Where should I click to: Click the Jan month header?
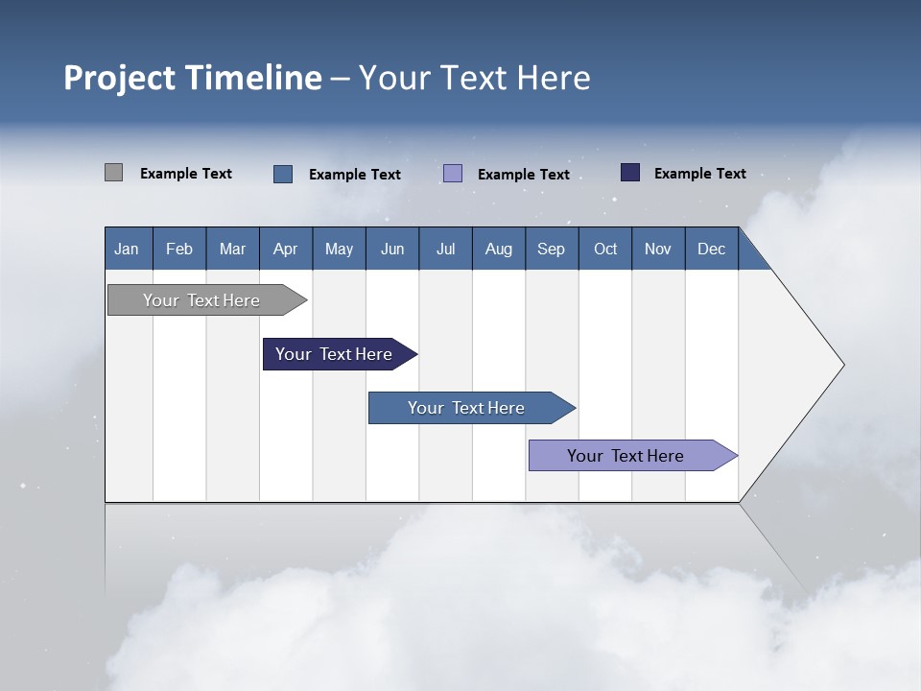(128, 249)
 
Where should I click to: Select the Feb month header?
(179, 249)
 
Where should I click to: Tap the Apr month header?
(286, 249)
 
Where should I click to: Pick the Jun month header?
(392, 249)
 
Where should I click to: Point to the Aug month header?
(499, 249)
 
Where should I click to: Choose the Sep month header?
(552, 249)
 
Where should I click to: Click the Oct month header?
(605, 249)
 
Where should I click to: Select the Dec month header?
(712, 249)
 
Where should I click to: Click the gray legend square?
(114, 173)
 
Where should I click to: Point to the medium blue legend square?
(283, 174)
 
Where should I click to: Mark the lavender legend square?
(453, 174)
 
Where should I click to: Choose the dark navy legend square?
(630, 173)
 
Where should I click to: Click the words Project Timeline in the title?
(193, 78)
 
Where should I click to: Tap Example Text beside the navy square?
(700, 174)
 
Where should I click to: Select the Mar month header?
(233, 249)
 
